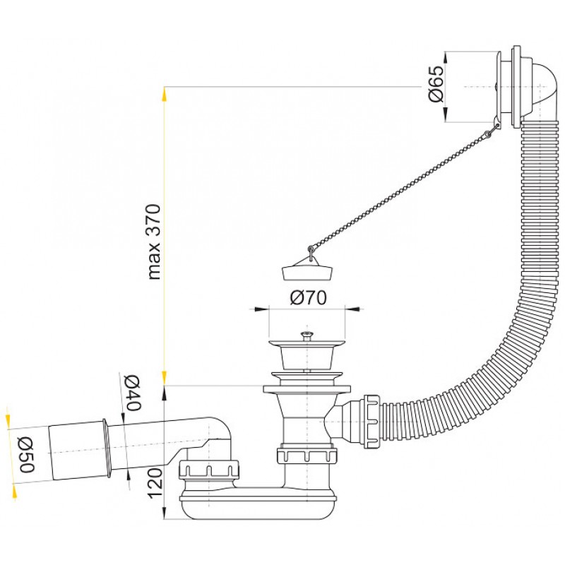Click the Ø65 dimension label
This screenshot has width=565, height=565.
[x=436, y=84]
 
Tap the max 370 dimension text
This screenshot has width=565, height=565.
[x=154, y=242]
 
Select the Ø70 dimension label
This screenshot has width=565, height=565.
[x=308, y=297]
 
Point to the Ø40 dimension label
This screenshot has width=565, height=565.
[x=132, y=393]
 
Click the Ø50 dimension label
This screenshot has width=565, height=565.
[x=27, y=455]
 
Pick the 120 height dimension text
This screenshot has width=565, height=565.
[x=155, y=484]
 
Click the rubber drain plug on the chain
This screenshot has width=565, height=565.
[x=307, y=273]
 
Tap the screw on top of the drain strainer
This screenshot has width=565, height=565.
[x=307, y=335]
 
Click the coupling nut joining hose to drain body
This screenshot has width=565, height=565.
[x=372, y=422]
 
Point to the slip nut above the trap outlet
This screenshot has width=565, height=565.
[x=208, y=470]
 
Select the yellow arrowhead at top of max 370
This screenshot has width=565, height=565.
[x=165, y=93]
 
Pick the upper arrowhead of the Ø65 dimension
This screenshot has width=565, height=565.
[x=446, y=59]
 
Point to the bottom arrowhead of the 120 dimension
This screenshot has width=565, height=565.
[x=165, y=513]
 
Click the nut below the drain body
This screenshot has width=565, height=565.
[x=307, y=456]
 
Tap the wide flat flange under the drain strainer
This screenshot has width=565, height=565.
[x=307, y=389]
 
